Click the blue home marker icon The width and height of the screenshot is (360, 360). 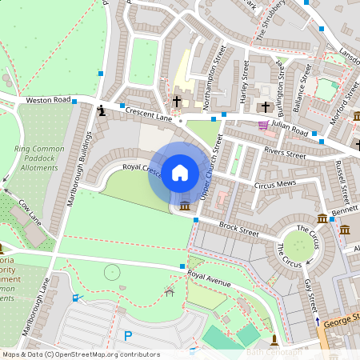(x=180, y=173)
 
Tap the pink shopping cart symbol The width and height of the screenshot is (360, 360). (x=263, y=125)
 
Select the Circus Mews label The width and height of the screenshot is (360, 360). (x=275, y=184)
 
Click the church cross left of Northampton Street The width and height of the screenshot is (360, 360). (x=177, y=102)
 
